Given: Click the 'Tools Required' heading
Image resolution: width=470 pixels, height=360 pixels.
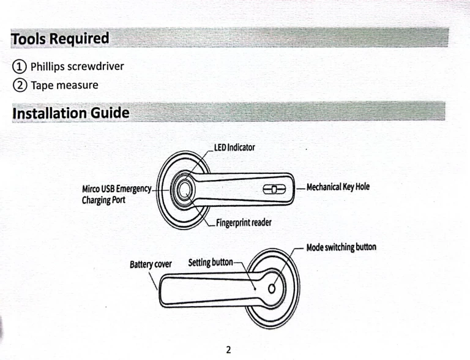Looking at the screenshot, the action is click(60, 39).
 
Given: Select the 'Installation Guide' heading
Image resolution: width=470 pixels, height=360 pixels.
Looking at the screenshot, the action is click(71, 113).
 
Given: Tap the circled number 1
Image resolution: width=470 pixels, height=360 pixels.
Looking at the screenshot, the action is click(19, 66).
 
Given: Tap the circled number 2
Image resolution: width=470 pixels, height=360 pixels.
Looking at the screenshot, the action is click(20, 85).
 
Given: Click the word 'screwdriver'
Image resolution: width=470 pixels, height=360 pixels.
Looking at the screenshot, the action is click(95, 66).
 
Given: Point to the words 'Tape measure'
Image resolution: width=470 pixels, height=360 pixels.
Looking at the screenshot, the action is click(64, 85).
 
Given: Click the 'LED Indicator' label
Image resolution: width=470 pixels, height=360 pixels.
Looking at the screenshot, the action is click(234, 148).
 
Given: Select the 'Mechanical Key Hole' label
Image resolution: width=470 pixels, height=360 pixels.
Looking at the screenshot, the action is click(338, 187).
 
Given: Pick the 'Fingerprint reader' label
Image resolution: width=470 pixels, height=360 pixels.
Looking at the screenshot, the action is click(244, 223).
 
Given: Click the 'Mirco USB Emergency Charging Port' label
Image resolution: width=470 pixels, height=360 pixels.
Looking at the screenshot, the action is click(117, 195).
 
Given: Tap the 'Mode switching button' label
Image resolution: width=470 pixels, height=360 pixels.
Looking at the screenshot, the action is click(341, 247).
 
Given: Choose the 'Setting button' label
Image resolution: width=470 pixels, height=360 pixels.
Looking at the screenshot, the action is click(211, 263).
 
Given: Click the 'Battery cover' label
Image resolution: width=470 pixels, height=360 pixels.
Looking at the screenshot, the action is click(151, 264).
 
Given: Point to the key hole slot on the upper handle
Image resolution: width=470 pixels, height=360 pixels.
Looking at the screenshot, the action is click(274, 189).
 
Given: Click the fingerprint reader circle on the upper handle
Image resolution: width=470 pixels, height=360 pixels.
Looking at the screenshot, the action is click(184, 190).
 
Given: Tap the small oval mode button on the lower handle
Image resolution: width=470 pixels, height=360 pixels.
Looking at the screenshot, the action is click(272, 288).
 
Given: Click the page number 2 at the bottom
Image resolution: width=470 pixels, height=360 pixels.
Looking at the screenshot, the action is click(228, 350).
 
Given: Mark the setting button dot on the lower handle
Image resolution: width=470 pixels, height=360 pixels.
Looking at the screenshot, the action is click(255, 289).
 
